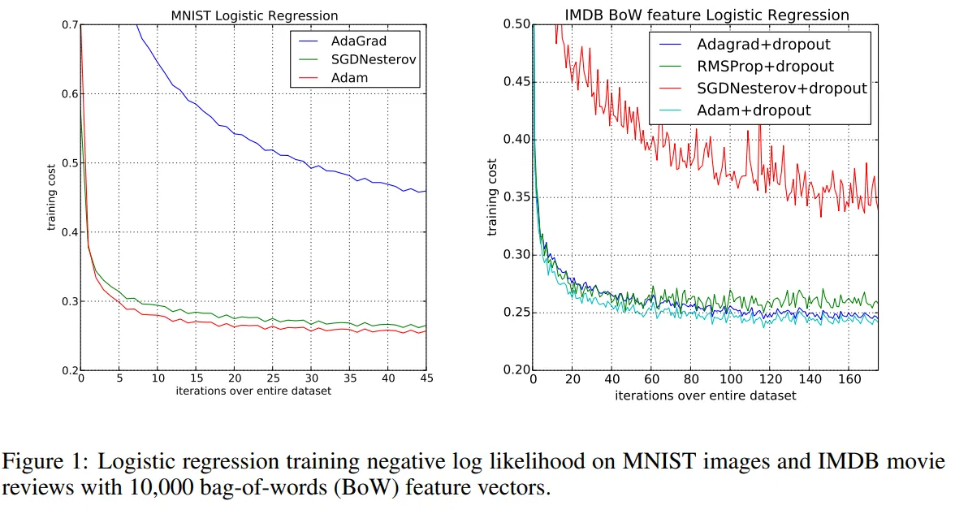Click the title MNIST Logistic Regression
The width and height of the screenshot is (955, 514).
(x=254, y=15)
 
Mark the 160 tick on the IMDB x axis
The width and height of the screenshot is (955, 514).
(x=849, y=379)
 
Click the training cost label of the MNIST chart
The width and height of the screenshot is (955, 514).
(x=50, y=198)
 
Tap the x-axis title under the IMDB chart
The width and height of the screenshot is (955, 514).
(x=705, y=395)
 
